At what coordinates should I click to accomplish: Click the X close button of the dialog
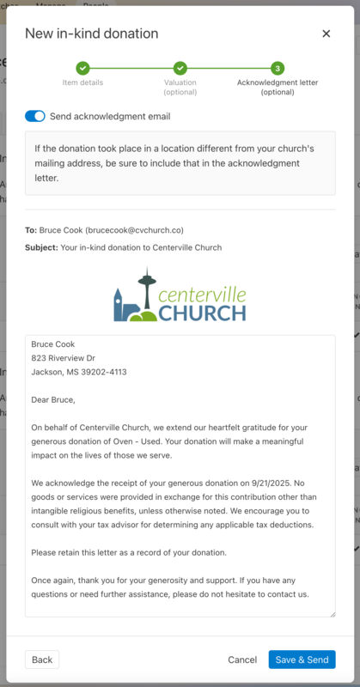click(326, 33)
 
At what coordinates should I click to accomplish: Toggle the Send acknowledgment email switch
click(35, 116)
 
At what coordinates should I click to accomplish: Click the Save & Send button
click(302, 660)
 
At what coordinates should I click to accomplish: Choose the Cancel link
click(242, 660)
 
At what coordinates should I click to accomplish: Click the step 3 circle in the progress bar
click(278, 68)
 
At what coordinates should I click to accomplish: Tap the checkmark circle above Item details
click(82, 68)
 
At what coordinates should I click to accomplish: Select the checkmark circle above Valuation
click(180, 68)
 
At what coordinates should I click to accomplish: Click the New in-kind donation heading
click(92, 33)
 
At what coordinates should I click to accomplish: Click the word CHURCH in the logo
click(202, 312)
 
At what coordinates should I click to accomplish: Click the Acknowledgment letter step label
click(278, 82)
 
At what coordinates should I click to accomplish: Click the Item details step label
click(82, 82)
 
